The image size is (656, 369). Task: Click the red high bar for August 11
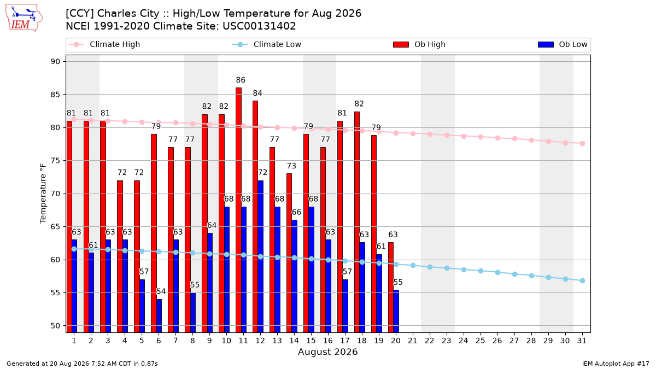pyautogui.click(x=239, y=210)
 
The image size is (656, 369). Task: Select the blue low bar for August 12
pyautogui.click(x=261, y=256)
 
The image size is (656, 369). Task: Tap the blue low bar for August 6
pyautogui.click(x=159, y=316)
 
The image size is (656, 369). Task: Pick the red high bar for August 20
pyautogui.click(x=391, y=288)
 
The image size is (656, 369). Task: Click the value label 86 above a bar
pyautogui.click(x=241, y=80)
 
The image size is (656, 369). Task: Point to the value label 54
pyautogui.click(x=161, y=291)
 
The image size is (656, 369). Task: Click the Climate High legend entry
pyautogui.click(x=104, y=44)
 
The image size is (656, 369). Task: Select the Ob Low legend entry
pyautogui.click(x=563, y=44)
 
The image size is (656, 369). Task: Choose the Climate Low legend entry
pyautogui.click(x=267, y=44)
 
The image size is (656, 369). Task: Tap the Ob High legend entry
pyautogui.click(x=419, y=44)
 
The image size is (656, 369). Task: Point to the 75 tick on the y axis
pyautogui.click(x=55, y=161)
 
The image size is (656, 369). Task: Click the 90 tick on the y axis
pyautogui.click(x=55, y=61)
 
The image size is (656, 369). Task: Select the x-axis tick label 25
pyautogui.click(x=481, y=341)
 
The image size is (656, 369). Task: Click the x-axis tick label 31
pyautogui.click(x=582, y=341)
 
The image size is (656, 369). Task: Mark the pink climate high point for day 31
pyautogui.click(x=583, y=143)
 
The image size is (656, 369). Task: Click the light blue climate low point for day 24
pyautogui.click(x=464, y=270)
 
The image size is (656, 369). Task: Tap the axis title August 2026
pyautogui.click(x=327, y=352)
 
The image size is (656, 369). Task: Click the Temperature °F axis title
pyautogui.click(x=43, y=194)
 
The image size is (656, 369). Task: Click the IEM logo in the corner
pyautogui.click(x=24, y=18)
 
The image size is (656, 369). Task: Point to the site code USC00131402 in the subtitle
pyautogui.click(x=259, y=26)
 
